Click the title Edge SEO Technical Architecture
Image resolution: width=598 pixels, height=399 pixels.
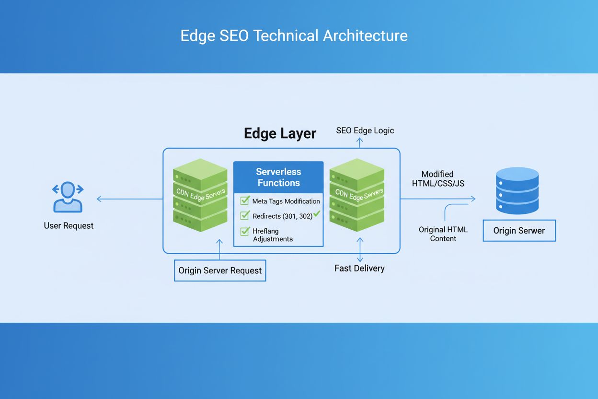tap(294, 36)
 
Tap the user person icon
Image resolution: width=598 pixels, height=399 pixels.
tap(68, 197)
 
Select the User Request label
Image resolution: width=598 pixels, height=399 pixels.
tap(69, 225)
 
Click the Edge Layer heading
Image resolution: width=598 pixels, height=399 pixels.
tap(280, 133)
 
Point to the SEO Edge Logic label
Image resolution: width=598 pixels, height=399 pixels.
tap(365, 130)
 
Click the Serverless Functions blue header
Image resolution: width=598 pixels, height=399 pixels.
tap(278, 177)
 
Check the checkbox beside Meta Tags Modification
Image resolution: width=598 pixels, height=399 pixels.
tap(245, 200)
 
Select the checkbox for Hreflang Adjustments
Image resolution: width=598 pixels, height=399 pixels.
tap(245, 231)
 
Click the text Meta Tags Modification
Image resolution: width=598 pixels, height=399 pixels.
tap(286, 201)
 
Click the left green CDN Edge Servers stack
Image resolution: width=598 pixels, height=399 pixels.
tap(200, 195)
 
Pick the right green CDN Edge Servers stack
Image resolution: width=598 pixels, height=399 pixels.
tap(357, 195)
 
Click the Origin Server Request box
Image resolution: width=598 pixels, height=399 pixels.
tap(220, 270)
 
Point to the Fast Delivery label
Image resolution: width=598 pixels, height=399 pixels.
tap(359, 269)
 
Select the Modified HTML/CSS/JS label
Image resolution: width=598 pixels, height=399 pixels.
tap(438, 179)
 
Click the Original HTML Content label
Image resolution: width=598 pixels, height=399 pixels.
tap(443, 234)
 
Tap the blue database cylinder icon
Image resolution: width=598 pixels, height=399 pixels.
tap(517, 190)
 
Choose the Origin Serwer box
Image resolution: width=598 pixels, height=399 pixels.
tap(519, 231)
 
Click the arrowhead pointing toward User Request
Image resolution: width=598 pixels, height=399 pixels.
tap(99, 199)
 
